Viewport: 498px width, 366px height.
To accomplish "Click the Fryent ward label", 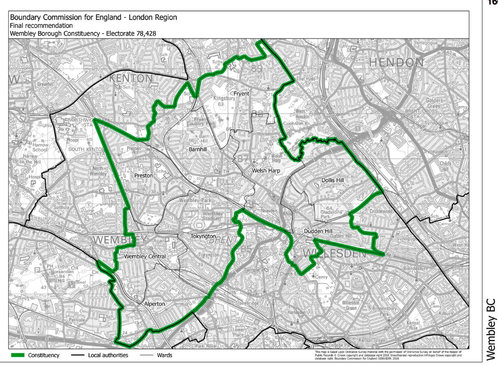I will [241, 94].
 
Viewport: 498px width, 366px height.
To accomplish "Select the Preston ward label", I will [143, 175].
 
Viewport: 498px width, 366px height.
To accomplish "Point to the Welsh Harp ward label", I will [266, 171].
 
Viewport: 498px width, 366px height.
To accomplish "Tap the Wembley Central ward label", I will [145, 257].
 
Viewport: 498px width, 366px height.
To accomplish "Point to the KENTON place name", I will [130, 79].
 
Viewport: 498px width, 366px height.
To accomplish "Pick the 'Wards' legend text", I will [164, 355].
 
